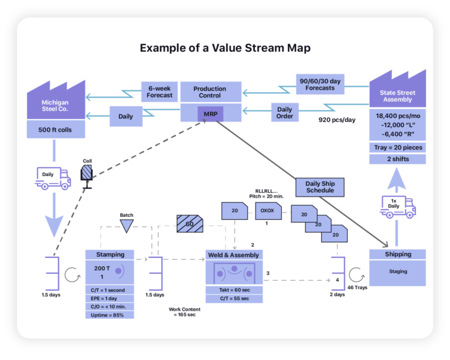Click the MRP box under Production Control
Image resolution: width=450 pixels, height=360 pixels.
click(210, 113)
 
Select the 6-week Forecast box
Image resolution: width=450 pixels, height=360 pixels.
click(159, 92)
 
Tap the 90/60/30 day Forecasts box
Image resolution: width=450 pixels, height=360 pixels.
click(320, 84)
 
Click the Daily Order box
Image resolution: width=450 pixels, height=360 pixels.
click(285, 113)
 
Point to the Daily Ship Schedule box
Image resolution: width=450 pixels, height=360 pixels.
click(320, 186)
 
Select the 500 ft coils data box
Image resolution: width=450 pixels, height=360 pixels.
click(56, 130)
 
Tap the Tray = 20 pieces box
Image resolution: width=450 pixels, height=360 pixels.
click(397, 147)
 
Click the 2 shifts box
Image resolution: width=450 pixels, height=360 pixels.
click(397, 159)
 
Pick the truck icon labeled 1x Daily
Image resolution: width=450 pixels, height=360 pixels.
click(398, 206)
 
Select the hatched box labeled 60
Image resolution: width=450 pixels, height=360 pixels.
click(189, 223)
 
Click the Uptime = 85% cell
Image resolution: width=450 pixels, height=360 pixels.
click(110, 314)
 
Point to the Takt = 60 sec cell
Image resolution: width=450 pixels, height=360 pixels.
click(234, 290)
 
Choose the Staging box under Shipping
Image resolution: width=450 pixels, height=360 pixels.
click(397, 272)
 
